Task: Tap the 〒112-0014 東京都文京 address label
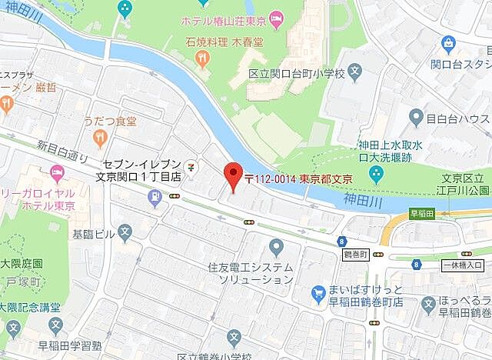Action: click(x=298, y=178)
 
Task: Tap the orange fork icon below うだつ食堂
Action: click(x=99, y=138)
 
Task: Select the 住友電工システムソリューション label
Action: click(x=251, y=274)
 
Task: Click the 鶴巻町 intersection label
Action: click(x=355, y=253)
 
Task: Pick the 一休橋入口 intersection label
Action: click(x=463, y=265)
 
